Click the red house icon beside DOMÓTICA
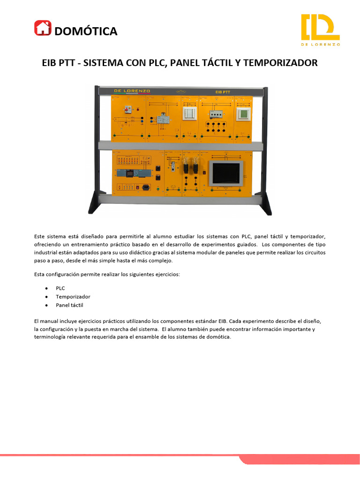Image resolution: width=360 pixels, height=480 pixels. pos(42,28)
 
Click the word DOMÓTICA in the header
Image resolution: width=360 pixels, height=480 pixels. pos(86,31)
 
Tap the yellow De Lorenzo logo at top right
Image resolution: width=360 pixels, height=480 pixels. pos(320,30)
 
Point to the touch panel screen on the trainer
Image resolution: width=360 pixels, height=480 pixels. pos(227,172)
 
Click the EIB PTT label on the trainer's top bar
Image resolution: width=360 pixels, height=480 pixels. pos(221,92)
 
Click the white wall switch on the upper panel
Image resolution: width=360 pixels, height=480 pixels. pos(190,113)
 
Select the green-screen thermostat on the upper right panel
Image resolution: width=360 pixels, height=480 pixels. pos(243,114)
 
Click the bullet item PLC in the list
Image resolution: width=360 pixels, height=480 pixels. pos(60,288)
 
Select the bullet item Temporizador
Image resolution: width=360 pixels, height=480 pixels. pos(73,297)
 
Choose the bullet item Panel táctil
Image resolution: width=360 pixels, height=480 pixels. pos(69,305)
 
